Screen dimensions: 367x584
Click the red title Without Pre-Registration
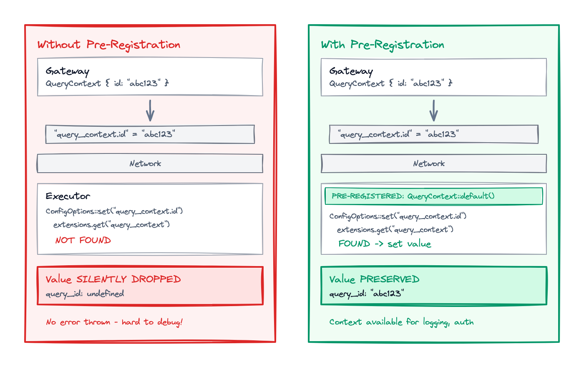click(x=109, y=45)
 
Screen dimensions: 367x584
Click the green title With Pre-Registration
click(x=383, y=45)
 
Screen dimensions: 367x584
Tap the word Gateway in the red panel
click(x=68, y=71)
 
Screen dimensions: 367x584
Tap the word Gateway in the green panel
click(x=351, y=71)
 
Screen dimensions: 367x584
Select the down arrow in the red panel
click(x=150, y=111)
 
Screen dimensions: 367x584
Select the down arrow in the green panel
click(x=434, y=111)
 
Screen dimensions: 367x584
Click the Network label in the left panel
click(x=145, y=163)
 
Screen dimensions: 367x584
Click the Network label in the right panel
click(x=429, y=163)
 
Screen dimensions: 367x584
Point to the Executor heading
click(x=68, y=196)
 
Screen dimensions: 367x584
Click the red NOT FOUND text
click(x=83, y=240)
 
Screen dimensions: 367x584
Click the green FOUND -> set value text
click(x=385, y=244)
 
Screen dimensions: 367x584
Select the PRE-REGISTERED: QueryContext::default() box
click(x=433, y=196)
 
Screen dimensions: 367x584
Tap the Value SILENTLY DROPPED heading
click(x=113, y=279)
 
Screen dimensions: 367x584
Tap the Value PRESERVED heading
click(x=374, y=279)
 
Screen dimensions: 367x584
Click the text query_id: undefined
click(x=85, y=294)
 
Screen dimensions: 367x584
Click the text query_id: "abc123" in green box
click(x=367, y=294)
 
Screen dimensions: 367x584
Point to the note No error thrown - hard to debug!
click(x=114, y=322)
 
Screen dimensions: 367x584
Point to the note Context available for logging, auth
click(x=401, y=322)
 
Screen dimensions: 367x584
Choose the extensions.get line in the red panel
click(x=111, y=225)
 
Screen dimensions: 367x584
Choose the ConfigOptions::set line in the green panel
click(x=398, y=216)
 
